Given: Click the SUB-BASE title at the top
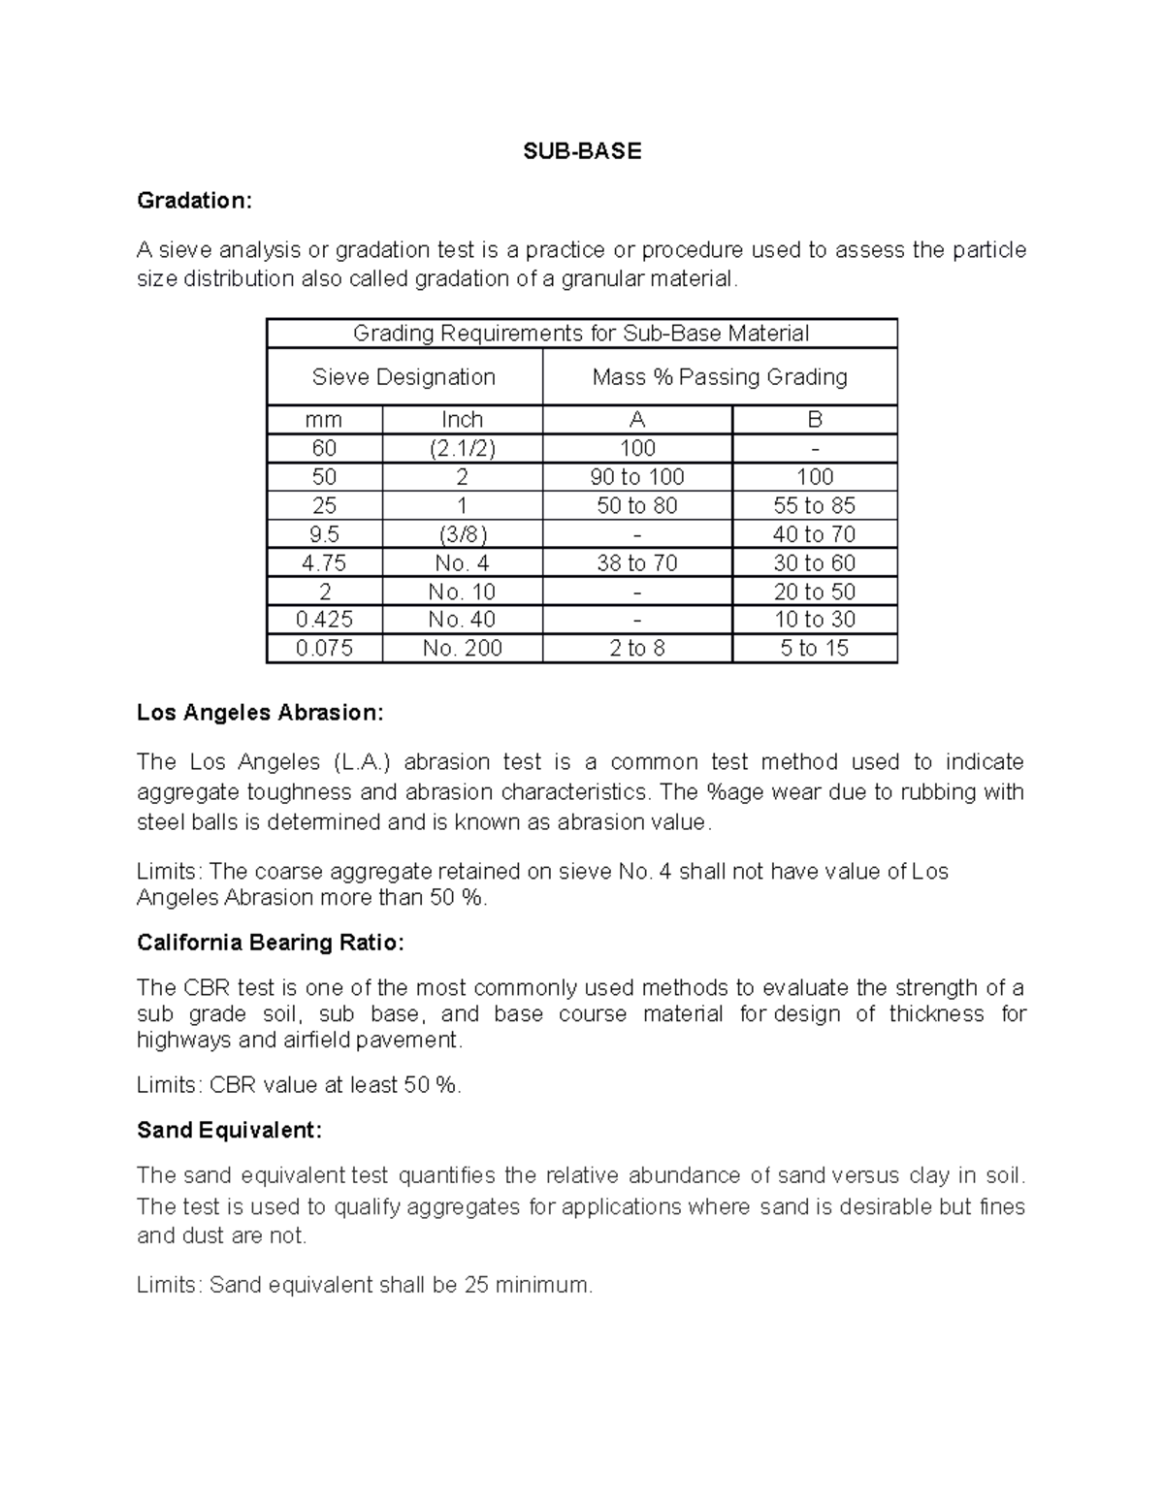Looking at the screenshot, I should click(582, 151).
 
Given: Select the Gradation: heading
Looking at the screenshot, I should click(194, 201).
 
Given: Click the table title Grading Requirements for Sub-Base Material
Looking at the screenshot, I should click(581, 334).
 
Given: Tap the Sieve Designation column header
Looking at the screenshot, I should click(404, 377).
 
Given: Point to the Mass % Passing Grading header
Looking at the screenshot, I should click(720, 377).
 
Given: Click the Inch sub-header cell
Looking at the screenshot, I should click(462, 420).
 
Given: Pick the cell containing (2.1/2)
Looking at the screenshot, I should click(462, 448).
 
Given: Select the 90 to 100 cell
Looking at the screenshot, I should click(637, 477).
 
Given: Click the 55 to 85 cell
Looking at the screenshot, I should click(815, 505).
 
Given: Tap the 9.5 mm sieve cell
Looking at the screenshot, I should click(324, 534).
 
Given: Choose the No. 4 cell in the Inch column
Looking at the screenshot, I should click(462, 563).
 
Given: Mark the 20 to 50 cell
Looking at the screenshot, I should click(815, 592).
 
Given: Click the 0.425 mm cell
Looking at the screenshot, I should click(324, 620).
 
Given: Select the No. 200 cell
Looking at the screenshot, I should click(462, 649).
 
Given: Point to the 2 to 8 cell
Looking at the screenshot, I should click(637, 649).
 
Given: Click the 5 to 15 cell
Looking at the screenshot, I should click(815, 649).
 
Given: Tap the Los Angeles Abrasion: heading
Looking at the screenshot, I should click(260, 713).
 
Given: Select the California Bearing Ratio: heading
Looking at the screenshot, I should click(270, 943).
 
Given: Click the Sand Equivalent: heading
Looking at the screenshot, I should click(229, 1131).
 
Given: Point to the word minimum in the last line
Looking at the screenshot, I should click(542, 1286).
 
